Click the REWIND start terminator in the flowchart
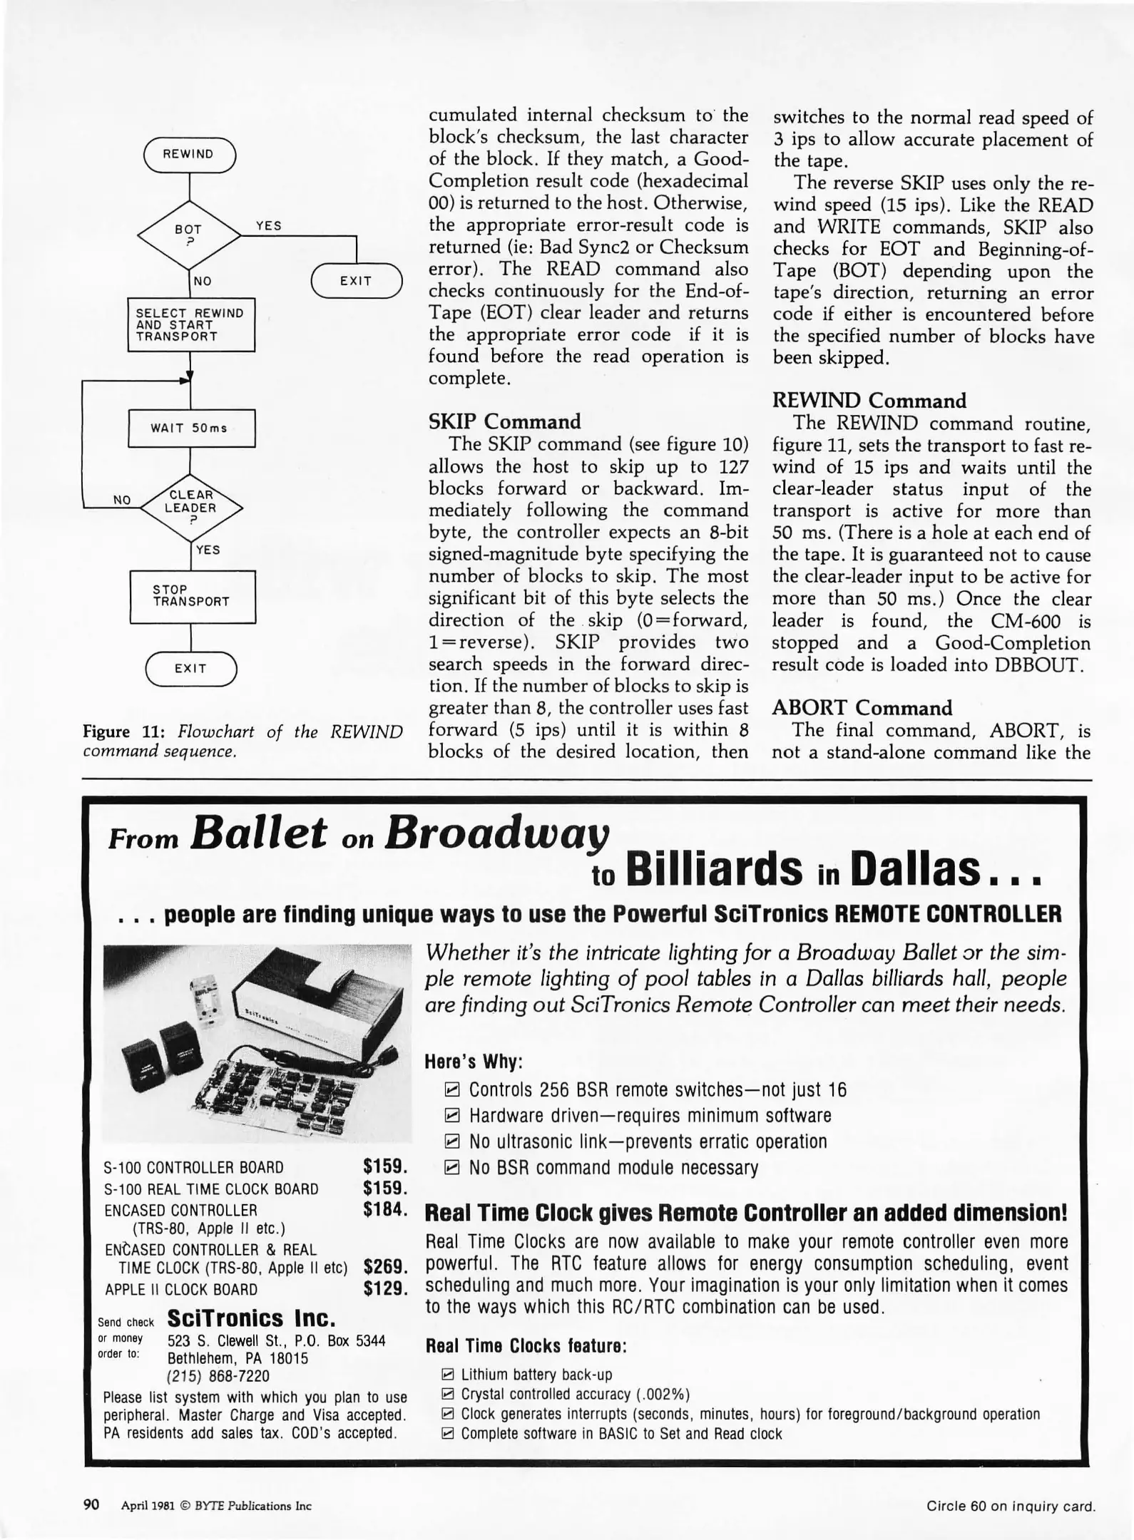point(189,154)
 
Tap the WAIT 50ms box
point(191,428)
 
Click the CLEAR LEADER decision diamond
point(190,507)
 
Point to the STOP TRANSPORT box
point(192,596)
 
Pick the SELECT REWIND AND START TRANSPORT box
point(191,324)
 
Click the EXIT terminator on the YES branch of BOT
point(356,281)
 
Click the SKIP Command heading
point(504,421)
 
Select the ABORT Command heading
point(862,708)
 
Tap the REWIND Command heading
point(869,401)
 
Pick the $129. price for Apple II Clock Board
point(384,1288)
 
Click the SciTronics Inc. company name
point(251,1317)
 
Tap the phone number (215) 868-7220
point(218,1375)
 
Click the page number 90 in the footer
point(91,1505)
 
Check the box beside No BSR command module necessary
point(451,1168)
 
